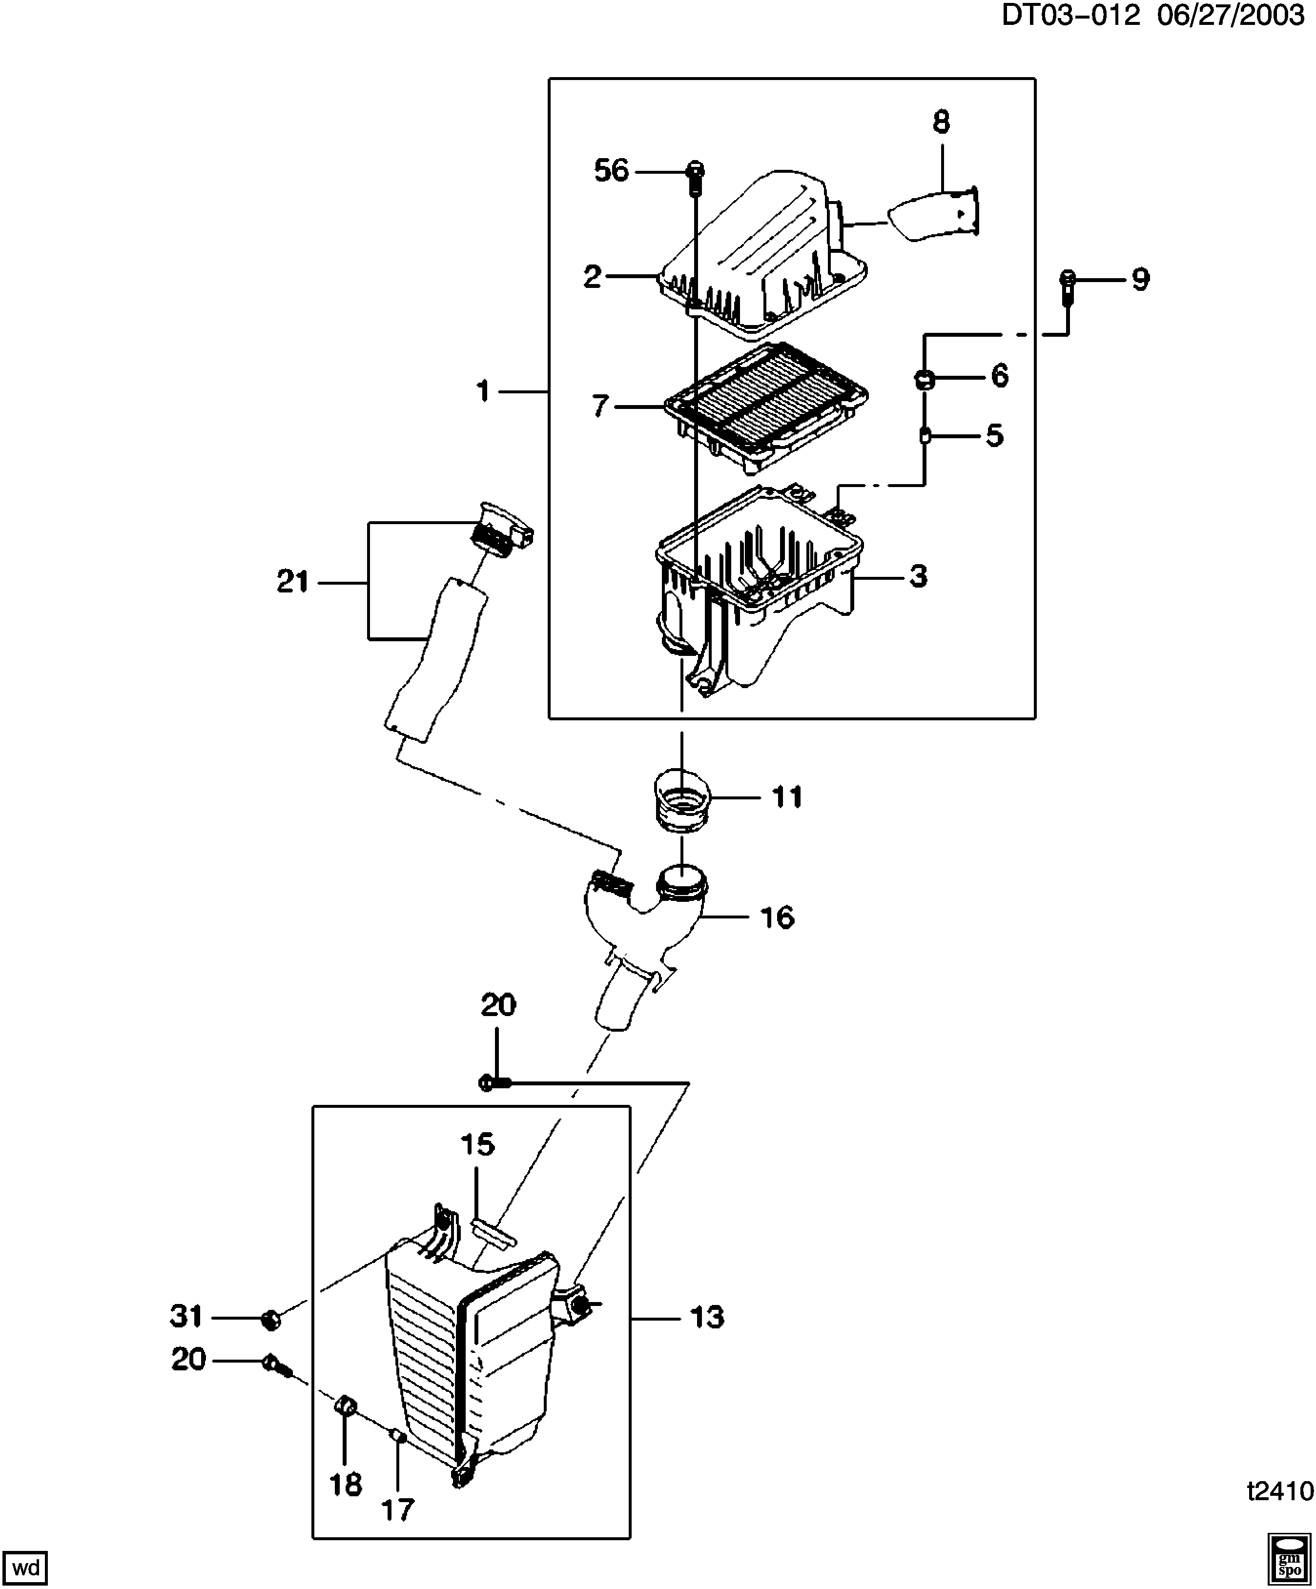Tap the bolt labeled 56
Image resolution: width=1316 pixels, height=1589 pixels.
[695, 176]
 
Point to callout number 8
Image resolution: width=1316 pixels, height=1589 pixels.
[941, 122]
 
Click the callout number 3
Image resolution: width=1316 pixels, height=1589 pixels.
[918, 576]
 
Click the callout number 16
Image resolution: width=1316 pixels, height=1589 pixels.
[777, 918]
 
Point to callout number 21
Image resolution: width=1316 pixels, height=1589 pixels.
[293, 581]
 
